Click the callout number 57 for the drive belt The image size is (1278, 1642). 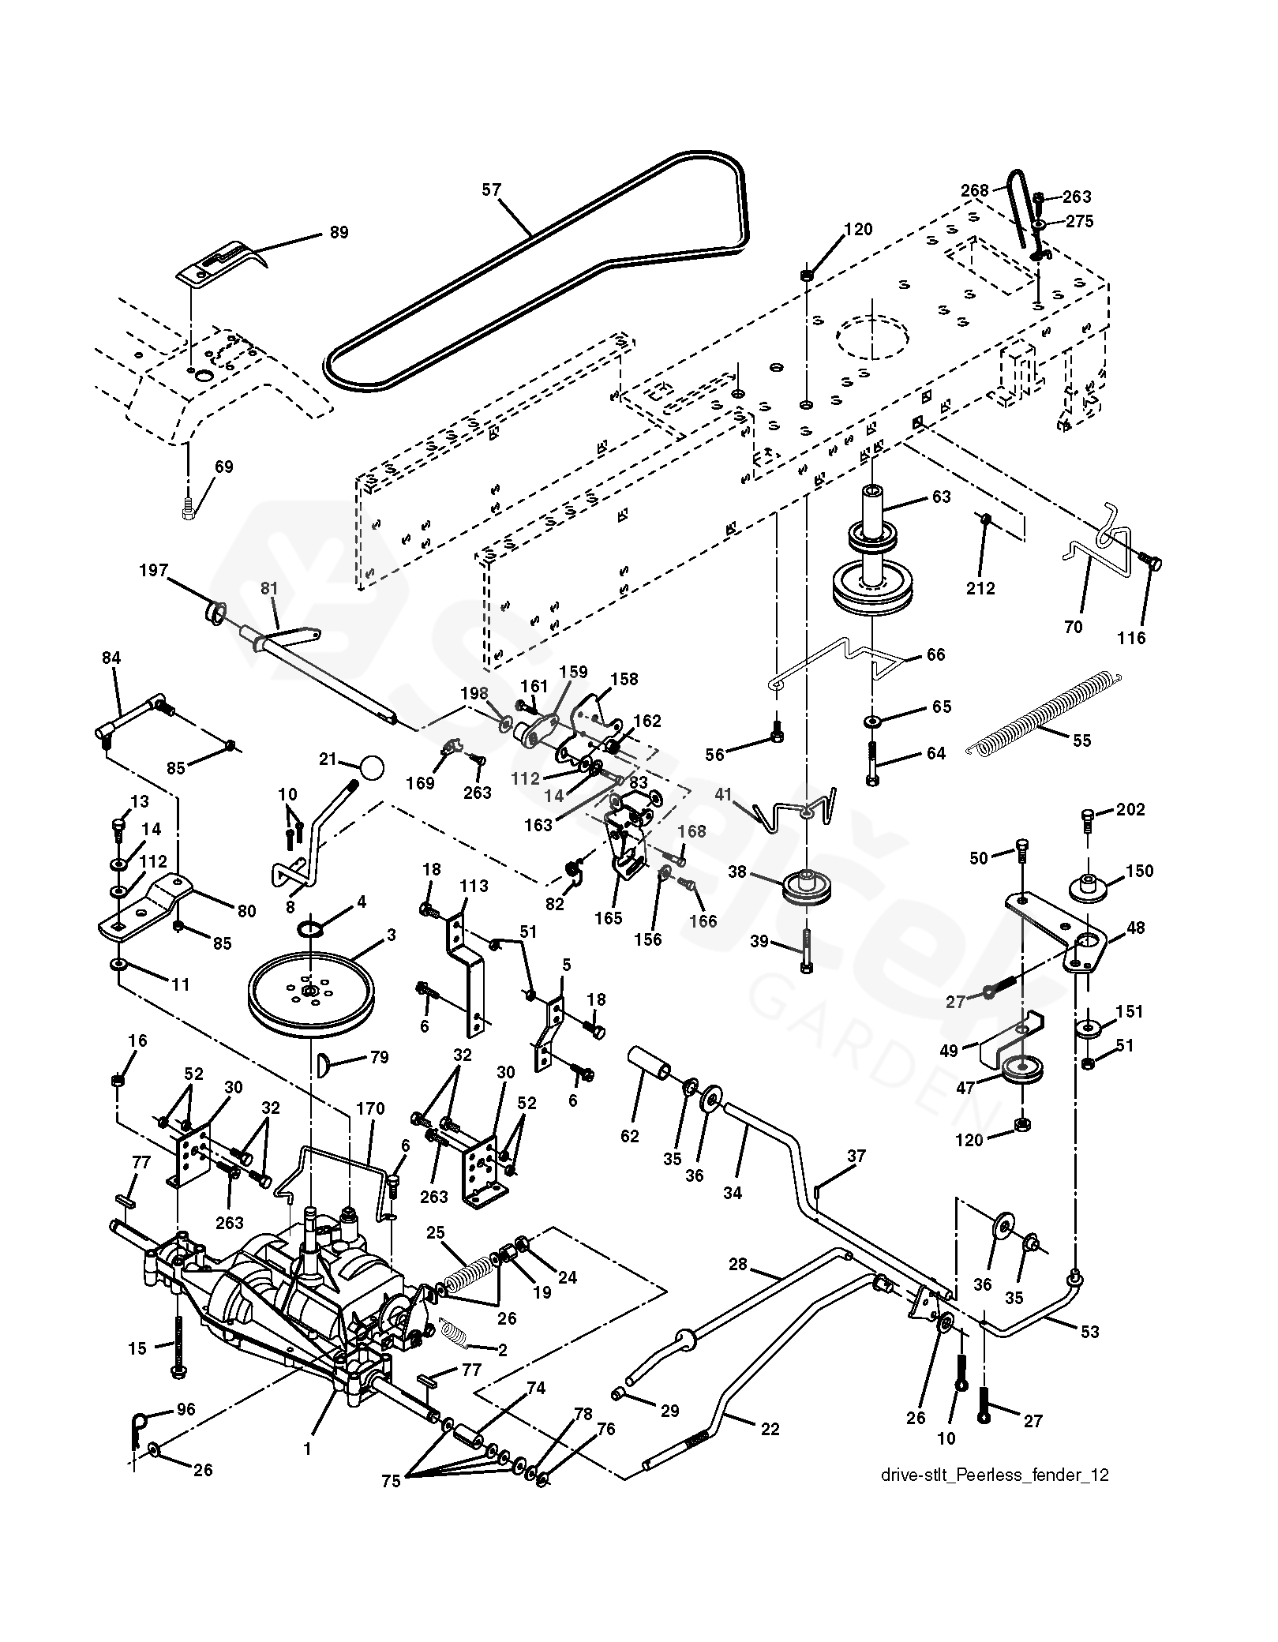click(492, 189)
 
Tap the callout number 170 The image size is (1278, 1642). click(370, 1109)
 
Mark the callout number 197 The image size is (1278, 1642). click(154, 570)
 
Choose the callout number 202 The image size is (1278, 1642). click(1131, 811)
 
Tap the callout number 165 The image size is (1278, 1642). click(609, 918)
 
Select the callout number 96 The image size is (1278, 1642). click(186, 1410)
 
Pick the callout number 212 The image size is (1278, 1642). click(981, 588)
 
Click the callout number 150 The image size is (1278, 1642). click(1139, 872)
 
